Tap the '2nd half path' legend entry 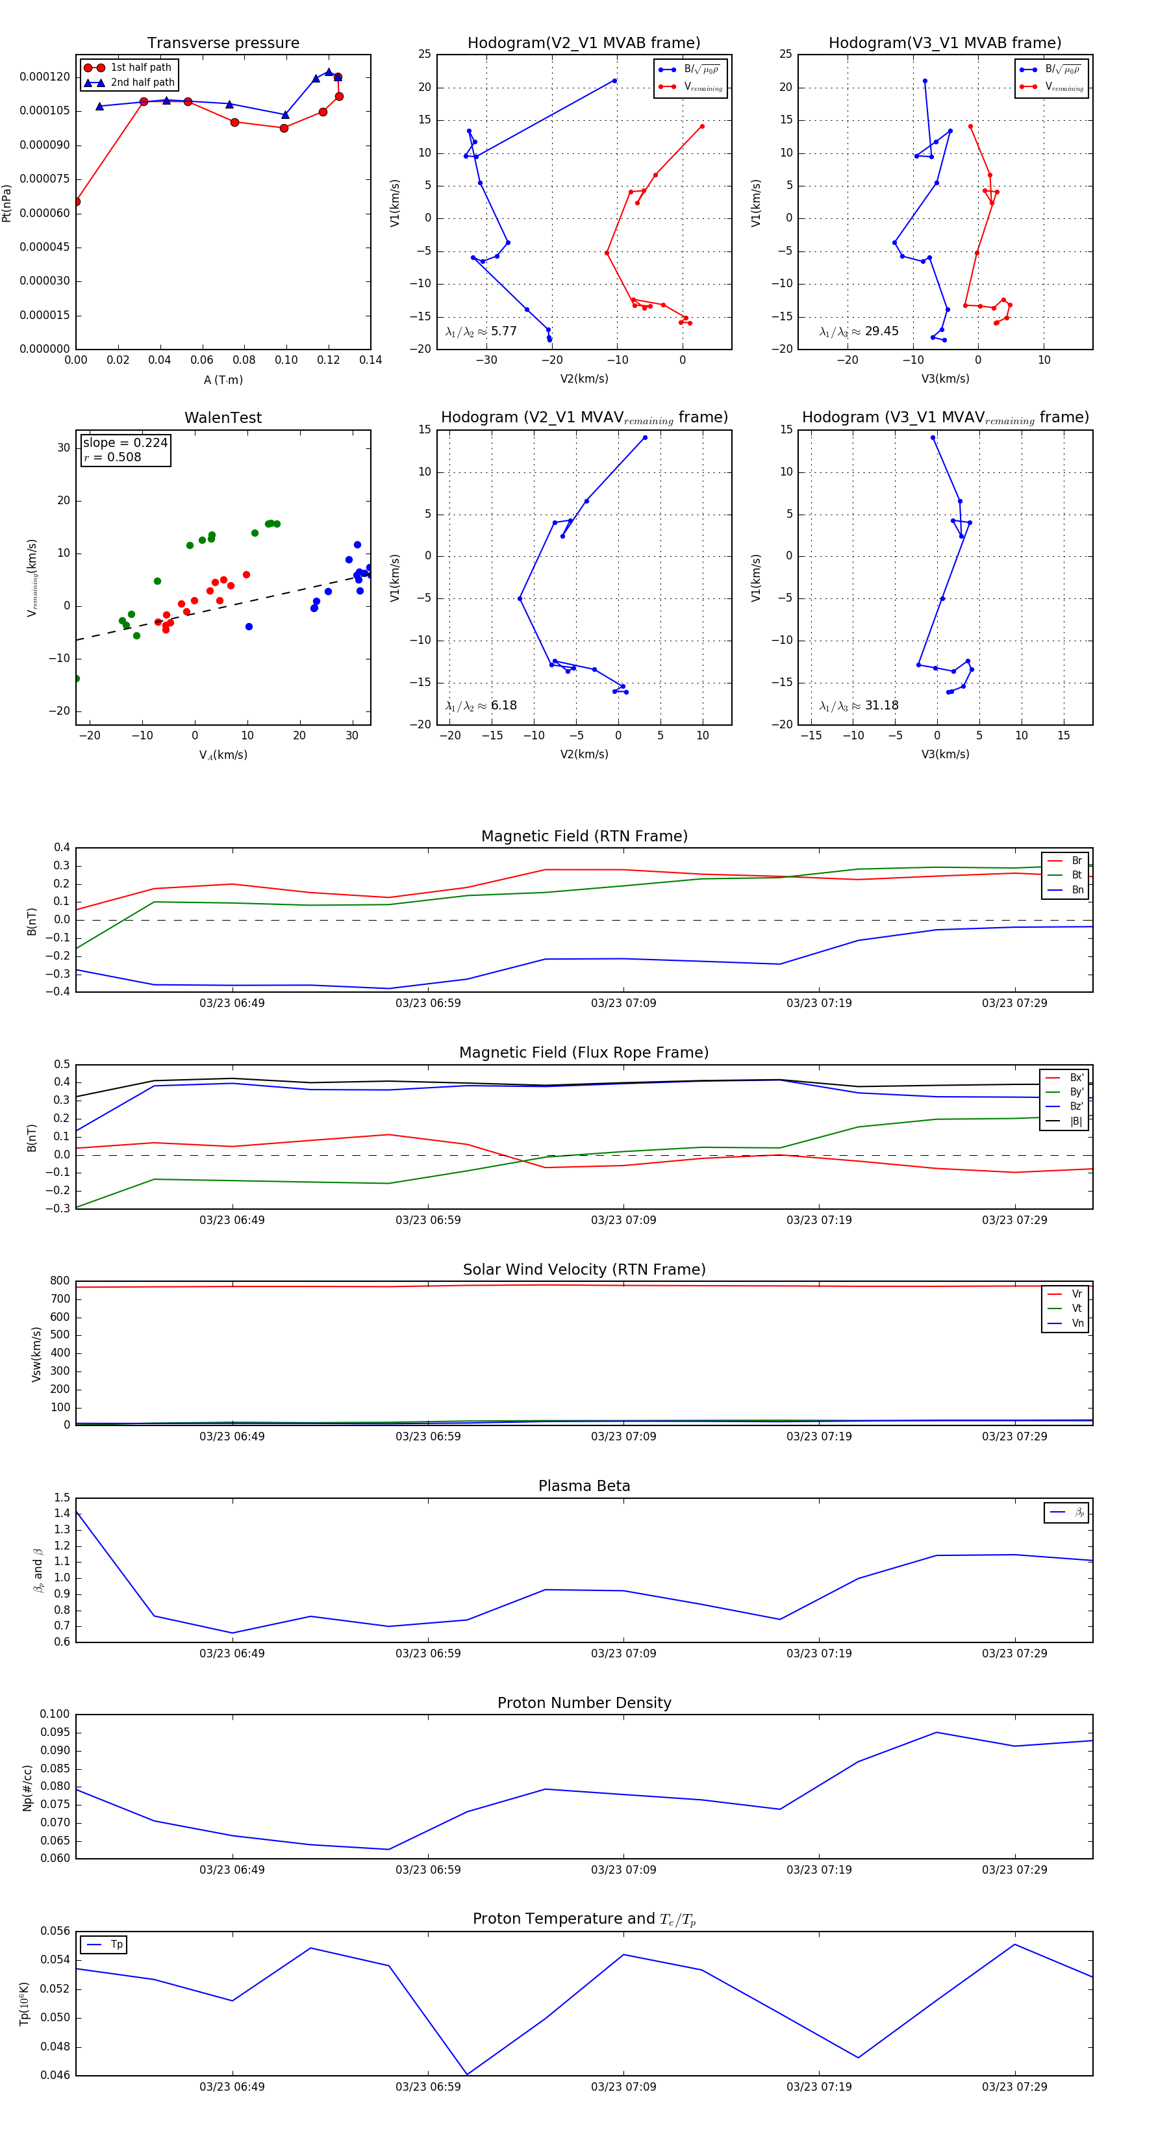[x=142, y=83]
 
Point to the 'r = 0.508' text [x=112, y=457]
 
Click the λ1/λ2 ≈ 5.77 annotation [x=481, y=331]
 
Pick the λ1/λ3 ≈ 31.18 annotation [x=859, y=706]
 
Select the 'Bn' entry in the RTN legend [x=1077, y=889]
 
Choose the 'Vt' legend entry [x=1077, y=1308]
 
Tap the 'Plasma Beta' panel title [x=584, y=1486]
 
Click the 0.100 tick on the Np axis [x=55, y=1715]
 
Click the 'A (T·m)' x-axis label [x=223, y=380]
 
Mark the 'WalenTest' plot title [x=223, y=418]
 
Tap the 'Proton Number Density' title [x=584, y=1703]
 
